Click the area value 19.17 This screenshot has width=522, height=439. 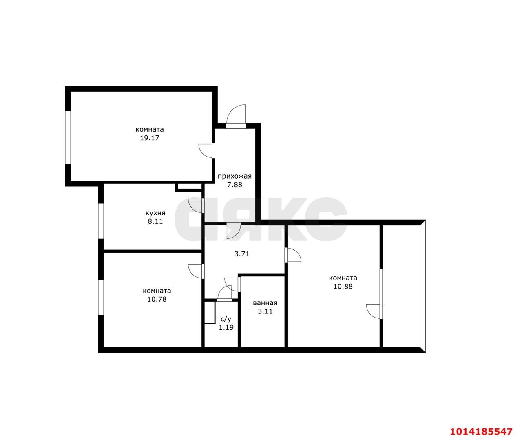click(150, 138)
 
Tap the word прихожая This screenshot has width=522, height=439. click(234, 176)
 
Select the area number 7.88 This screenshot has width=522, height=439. click(234, 185)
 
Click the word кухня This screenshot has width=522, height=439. click(155, 213)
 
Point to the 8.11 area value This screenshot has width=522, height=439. click(155, 221)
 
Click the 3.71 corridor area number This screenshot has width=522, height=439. click(242, 254)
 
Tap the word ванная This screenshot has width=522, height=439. click(265, 303)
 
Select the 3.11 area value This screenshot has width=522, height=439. click(265, 311)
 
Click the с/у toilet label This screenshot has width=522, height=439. click(226, 319)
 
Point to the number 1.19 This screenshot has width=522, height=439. click(226, 327)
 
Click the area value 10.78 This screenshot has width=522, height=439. click(157, 299)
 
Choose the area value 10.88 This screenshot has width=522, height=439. click(343, 286)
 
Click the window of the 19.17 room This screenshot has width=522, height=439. click(68, 138)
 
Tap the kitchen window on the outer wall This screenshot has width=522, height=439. click(101, 221)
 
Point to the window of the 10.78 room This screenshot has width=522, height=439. click(101, 297)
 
